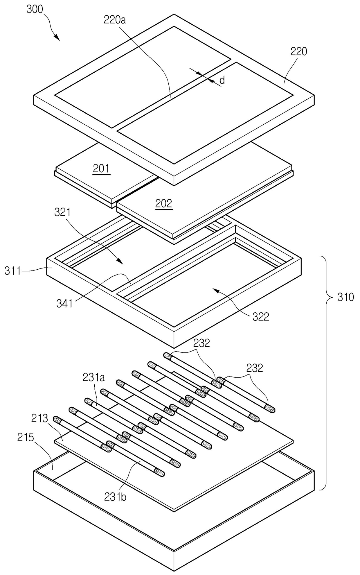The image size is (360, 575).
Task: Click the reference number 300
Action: (34, 9)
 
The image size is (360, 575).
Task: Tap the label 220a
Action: (115, 20)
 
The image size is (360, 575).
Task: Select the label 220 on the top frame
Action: (299, 51)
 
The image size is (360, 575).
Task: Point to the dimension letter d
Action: (222, 80)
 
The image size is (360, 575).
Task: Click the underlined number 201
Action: (101, 169)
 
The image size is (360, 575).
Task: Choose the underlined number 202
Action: (164, 204)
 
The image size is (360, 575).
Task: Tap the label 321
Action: (62, 213)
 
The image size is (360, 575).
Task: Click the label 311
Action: (12, 271)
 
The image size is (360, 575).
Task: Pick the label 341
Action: (65, 304)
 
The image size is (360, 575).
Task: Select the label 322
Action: (261, 316)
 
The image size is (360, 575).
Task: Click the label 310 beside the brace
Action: (345, 297)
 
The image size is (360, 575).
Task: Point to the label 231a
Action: (94, 377)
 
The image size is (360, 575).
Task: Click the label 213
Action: (40, 419)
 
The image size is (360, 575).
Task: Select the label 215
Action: (26, 438)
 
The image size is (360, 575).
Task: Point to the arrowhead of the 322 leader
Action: (214, 289)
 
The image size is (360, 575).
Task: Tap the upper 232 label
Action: (201, 343)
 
